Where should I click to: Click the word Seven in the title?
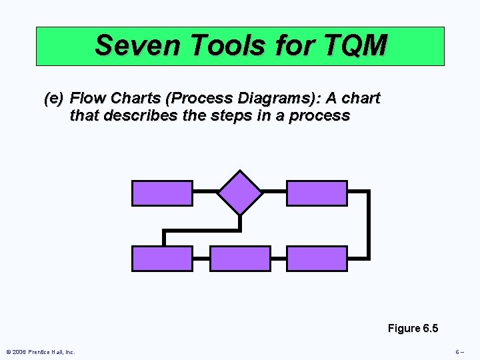pyautogui.click(x=139, y=45)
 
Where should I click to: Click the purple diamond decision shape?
pyautogui.click(x=240, y=193)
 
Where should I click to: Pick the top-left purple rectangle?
pyautogui.click(x=162, y=193)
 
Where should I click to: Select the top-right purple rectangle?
pyautogui.click(x=317, y=193)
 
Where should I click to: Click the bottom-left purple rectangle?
pyautogui.click(x=162, y=259)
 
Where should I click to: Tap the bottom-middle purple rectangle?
pyautogui.click(x=240, y=259)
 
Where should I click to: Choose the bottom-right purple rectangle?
pyautogui.click(x=317, y=259)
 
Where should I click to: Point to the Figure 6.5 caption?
pyautogui.click(x=413, y=328)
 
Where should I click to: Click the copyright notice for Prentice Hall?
pyautogui.click(x=40, y=352)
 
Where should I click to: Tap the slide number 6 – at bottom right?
pyautogui.click(x=459, y=352)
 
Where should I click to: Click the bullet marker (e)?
pyautogui.click(x=53, y=99)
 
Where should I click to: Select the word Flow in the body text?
pyautogui.click(x=86, y=99)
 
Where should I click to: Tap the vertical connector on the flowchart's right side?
pyautogui.click(x=369, y=225)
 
